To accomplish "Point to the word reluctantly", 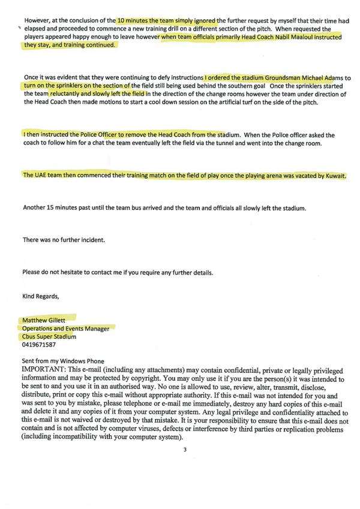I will coord(69,94).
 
